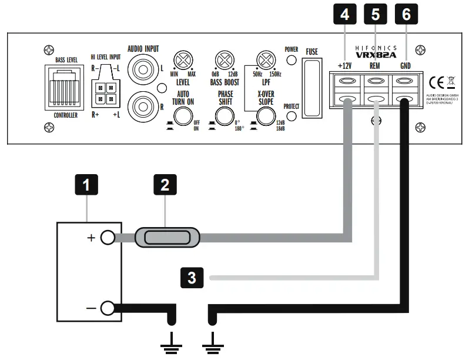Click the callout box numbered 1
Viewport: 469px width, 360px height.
[87, 187]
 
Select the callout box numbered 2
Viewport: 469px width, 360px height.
[165, 187]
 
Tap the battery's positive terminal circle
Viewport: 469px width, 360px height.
[107, 238]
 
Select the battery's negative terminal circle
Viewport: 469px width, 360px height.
[107, 308]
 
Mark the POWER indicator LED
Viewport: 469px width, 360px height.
[290, 62]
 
